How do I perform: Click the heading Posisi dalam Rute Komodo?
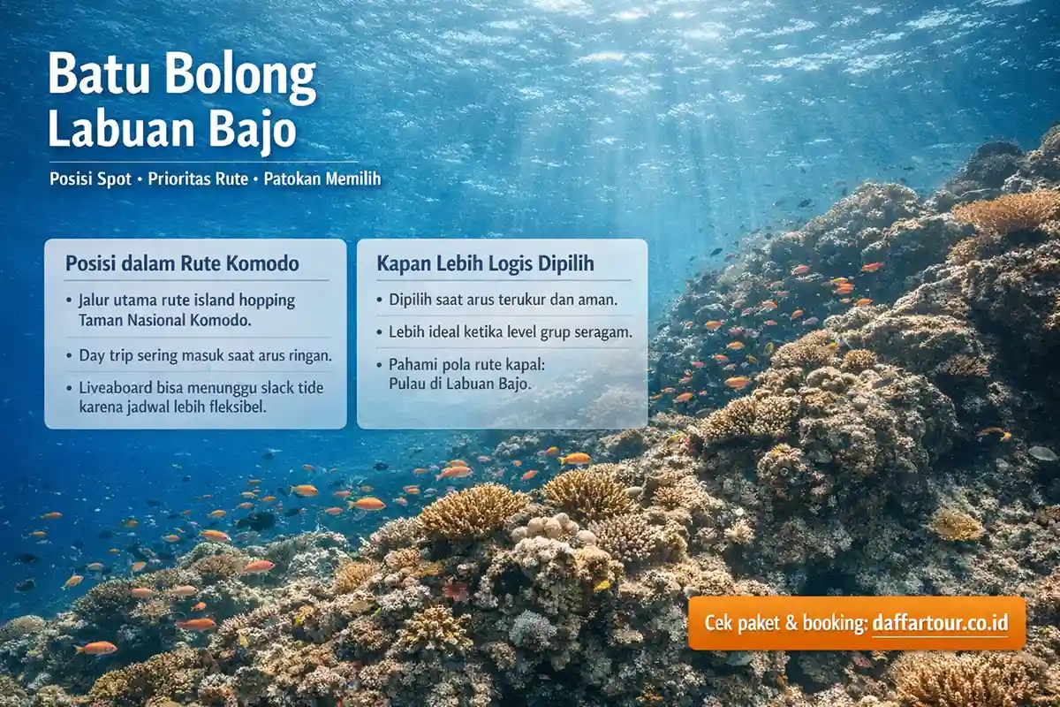182,263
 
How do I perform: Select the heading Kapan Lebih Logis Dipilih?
485,263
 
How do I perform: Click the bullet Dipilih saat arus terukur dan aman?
503,300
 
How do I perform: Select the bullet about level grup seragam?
509,332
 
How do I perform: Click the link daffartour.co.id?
939,622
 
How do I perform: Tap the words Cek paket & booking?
785,622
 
